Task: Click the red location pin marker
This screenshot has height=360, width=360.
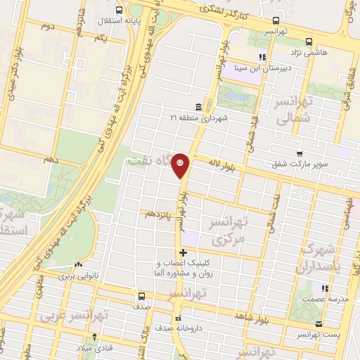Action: pyautogui.click(x=181, y=165)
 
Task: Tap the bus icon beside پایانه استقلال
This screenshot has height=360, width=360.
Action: pyautogui.click(x=118, y=10)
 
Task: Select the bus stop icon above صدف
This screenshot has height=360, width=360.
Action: pyautogui.click(x=142, y=296)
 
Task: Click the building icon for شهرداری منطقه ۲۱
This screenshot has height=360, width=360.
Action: pyautogui.click(x=198, y=108)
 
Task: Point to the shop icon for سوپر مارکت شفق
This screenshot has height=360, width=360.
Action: pyautogui.click(x=300, y=154)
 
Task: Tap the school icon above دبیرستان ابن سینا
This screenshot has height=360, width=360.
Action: pyautogui.click(x=262, y=57)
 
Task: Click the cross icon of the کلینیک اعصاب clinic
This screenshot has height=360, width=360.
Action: pyautogui.click(x=183, y=252)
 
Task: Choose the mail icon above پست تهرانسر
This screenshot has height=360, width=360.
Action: pyautogui.click(x=319, y=324)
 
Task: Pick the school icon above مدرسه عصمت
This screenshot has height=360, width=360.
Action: pyautogui.click(x=324, y=288)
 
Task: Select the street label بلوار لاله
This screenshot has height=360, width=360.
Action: pyautogui.click(x=220, y=164)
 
